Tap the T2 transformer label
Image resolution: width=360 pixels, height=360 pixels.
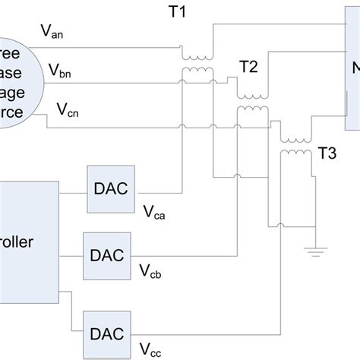[x=248, y=67]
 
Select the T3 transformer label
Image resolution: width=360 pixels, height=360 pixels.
[x=327, y=152]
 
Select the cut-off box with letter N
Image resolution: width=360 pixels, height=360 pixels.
[x=352, y=65]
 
